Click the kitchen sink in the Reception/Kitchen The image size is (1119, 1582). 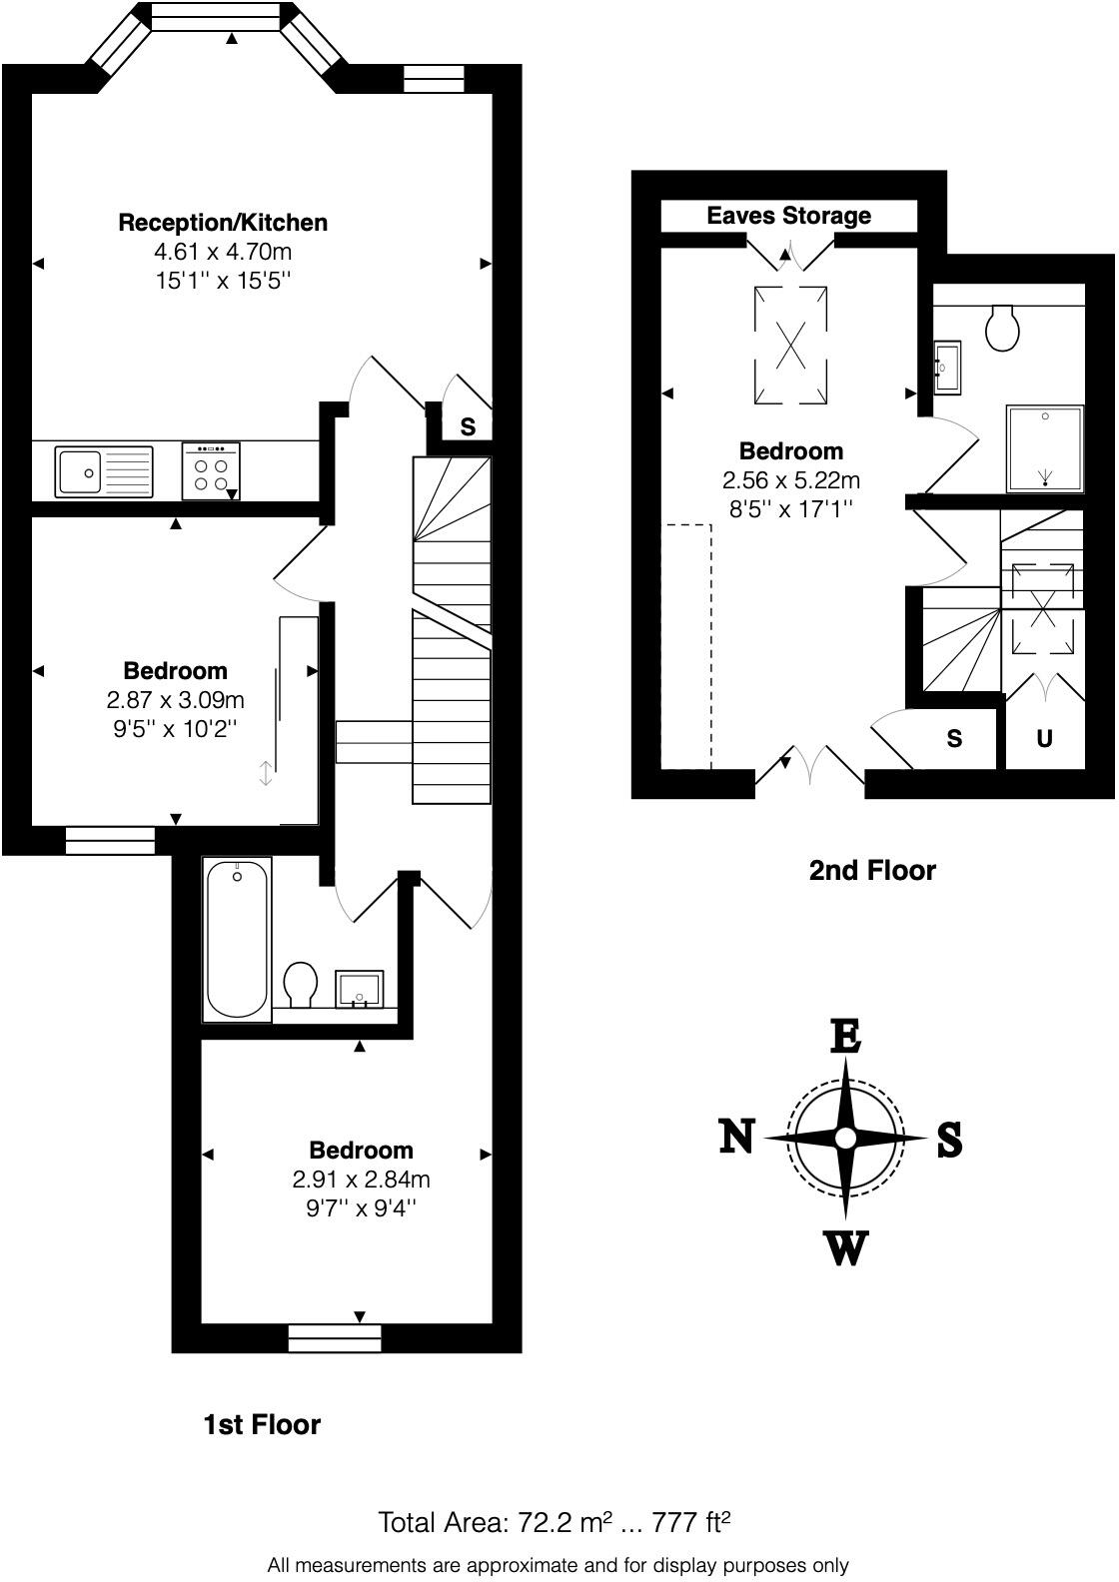tap(104, 471)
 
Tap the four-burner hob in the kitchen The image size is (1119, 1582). tap(210, 471)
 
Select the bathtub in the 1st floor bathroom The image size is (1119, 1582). tap(237, 939)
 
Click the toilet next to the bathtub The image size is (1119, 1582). tap(300, 985)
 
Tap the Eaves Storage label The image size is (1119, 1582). tap(788, 216)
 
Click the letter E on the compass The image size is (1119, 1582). tap(845, 1037)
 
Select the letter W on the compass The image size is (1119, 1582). tap(845, 1248)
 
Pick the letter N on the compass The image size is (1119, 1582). tap(736, 1137)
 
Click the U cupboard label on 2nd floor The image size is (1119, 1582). tap(1044, 740)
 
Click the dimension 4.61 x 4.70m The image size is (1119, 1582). tap(222, 252)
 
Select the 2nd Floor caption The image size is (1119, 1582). tap(871, 870)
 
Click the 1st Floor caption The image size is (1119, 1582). tap(262, 1424)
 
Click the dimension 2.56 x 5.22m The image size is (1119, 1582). tap(790, 480)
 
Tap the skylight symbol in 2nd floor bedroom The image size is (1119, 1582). tap(789, 346)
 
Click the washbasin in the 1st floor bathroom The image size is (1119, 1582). tap(359, 988)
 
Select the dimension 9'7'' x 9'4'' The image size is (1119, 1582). tap(361, 1208)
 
